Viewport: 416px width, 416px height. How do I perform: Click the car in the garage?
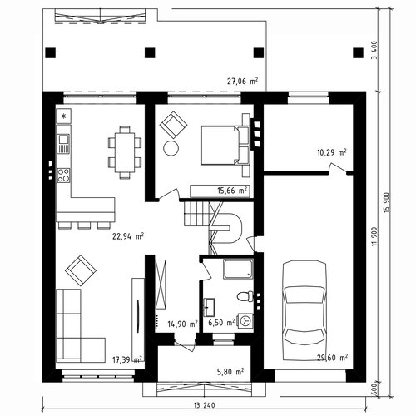(x=305, y=310)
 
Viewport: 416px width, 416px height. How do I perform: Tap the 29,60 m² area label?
(x=332, y=358)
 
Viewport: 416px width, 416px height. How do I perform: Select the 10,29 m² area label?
(x=332, y=152)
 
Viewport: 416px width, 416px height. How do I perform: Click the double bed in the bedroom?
(x=225, y=146)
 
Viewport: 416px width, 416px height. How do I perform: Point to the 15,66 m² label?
(x=232, y=191)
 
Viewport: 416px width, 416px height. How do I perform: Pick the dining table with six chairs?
(x=125, y=152)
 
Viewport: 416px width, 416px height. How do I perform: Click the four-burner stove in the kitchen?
(x=63, y=176)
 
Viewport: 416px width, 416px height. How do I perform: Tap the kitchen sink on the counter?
(x=63, y=144)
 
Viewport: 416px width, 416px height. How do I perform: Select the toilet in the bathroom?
(x=245, y=296)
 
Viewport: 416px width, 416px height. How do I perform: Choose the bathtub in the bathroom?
(x=238, y=269)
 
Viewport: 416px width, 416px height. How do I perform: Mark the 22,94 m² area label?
(x=128, y=236)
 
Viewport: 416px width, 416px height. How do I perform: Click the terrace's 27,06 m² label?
(x=243, y=82)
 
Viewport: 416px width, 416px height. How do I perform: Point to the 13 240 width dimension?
(x=204, y=405)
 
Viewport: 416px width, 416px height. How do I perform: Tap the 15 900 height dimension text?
(x=387, y=202)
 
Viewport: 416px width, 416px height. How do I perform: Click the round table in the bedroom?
(x=171, y=148)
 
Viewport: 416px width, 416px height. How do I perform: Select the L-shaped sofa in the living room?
(x=81, y=326)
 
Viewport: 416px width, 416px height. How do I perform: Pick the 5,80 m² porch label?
(x=230, y=371)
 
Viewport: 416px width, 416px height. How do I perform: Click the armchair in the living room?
(x=81, y=270)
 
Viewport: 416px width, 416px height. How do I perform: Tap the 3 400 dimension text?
(x=374, y=50)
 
